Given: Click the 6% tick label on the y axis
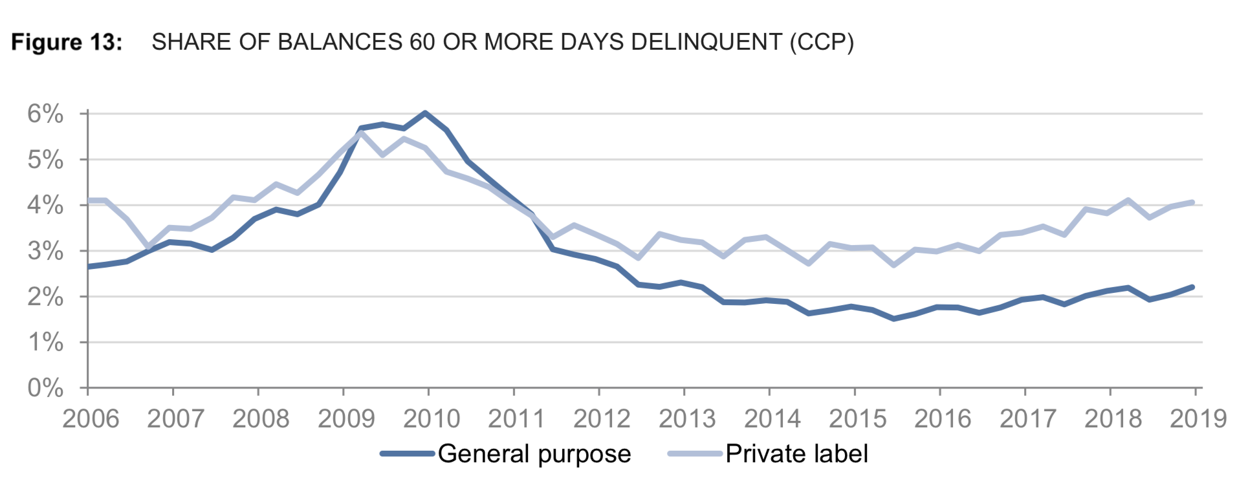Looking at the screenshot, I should [45, 114].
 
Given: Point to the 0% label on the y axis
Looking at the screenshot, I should [45, 388].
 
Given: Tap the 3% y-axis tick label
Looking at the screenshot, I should [45, 251].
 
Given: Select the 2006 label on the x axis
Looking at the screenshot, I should [91, 419].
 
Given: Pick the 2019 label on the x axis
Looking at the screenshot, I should [1198, 419].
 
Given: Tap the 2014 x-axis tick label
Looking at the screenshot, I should [772, 419].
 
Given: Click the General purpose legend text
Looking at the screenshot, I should [534, 454].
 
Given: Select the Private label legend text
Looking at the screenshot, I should [796, 454].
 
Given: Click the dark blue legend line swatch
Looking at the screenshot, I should [407, 454].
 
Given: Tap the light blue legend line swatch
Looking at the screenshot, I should [695, 454].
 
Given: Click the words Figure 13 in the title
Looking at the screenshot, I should [67, 43].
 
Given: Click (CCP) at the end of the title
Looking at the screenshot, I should [822, 43].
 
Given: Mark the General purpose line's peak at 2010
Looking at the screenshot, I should [425, 113].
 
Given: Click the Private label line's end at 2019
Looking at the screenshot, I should [1192, 202].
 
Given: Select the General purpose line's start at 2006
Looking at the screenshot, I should [89, 266].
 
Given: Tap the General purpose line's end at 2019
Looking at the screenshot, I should [1192, 287].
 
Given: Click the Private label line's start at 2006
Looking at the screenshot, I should [89, 200].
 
